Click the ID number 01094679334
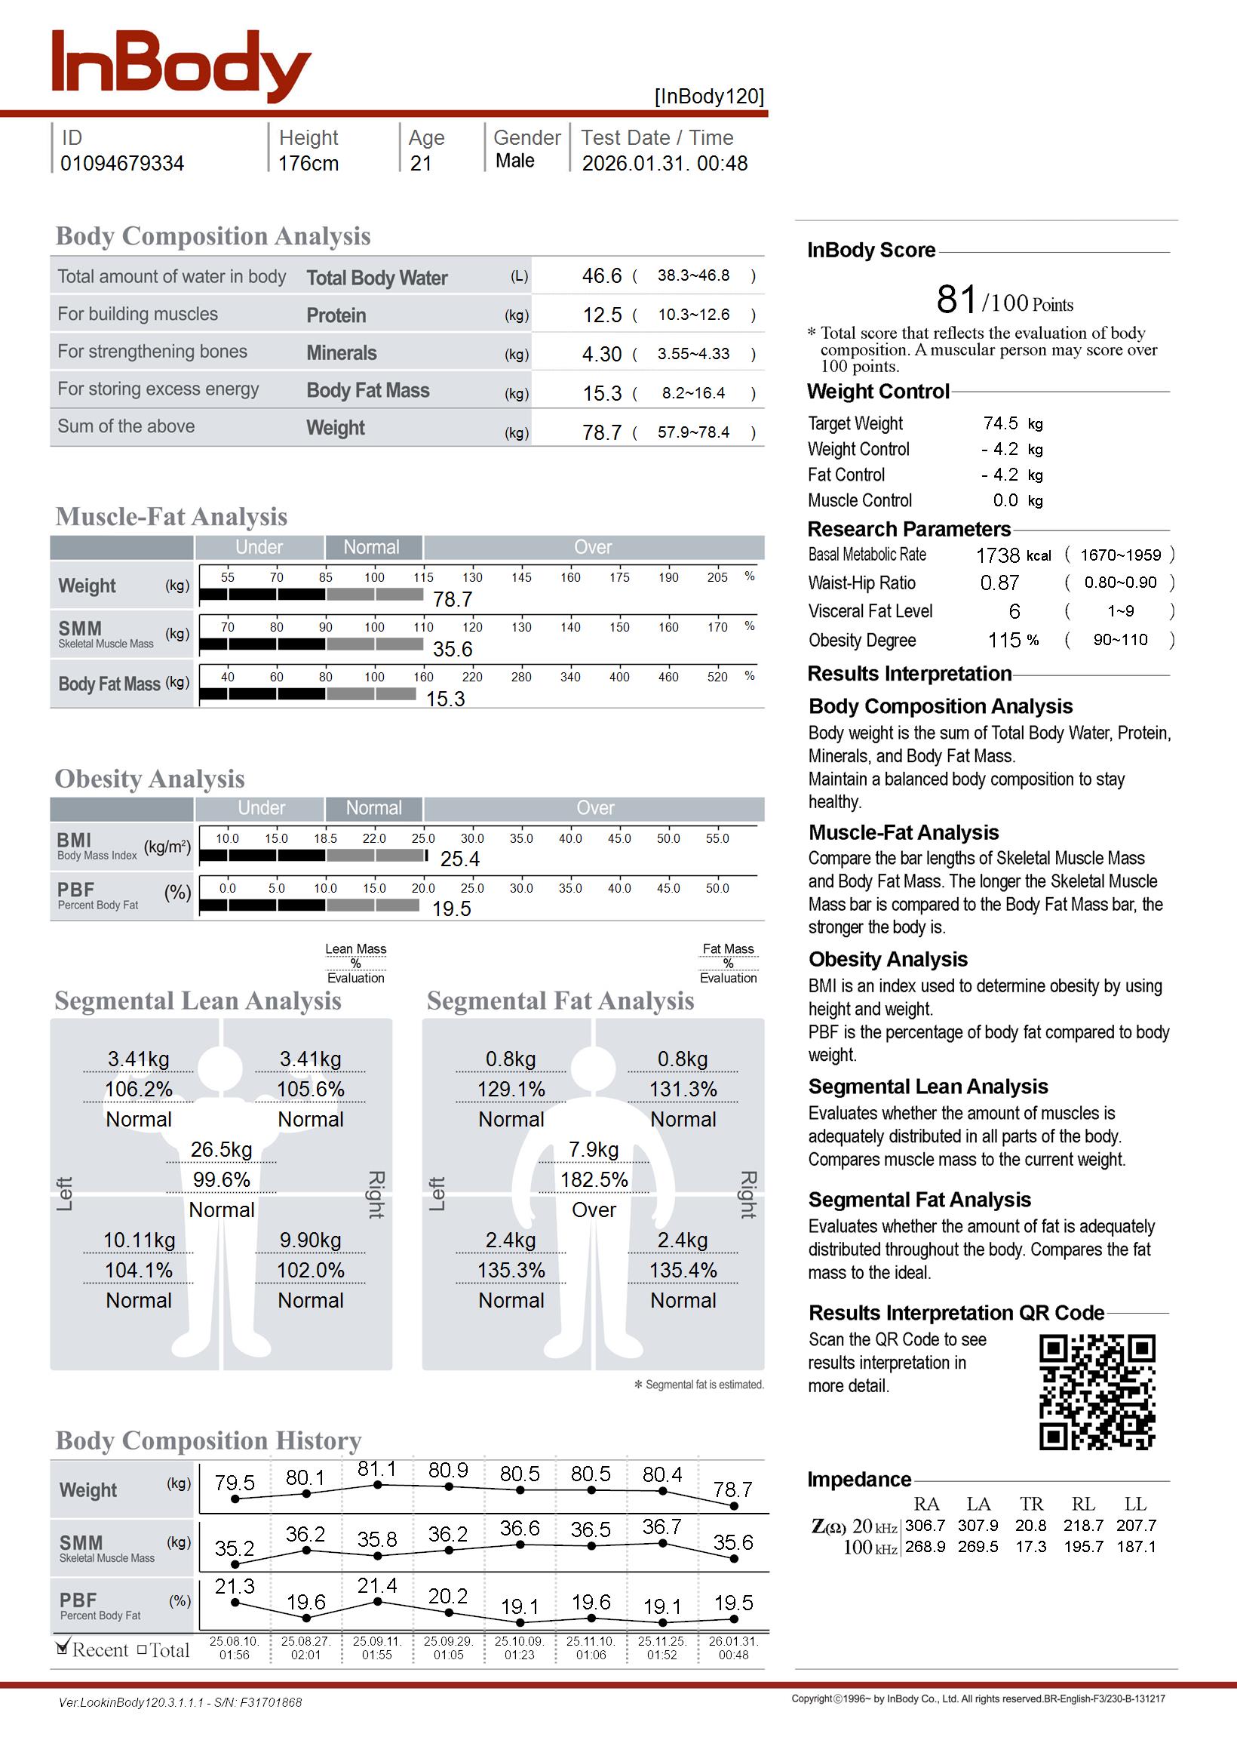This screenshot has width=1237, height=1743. (122, 164)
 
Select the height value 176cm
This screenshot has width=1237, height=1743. (308, 164)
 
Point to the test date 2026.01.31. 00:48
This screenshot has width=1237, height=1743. (665, 164)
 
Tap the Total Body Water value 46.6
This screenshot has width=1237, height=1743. (602, 275)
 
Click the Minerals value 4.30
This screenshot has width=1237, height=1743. (602, 354)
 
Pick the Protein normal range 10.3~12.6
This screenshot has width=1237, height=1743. (693, 315)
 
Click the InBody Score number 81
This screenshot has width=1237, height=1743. (956, 300)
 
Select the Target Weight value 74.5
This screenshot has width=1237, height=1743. (1000, 423)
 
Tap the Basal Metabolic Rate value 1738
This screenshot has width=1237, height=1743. (997, 555)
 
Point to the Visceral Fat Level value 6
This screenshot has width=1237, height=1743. (1014, 612)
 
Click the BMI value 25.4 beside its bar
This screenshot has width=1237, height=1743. (459, 859)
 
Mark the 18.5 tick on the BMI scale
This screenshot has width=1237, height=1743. (325, 838)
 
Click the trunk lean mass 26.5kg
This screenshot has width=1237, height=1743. (221, 1150)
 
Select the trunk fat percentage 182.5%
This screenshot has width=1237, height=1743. (594, 1180)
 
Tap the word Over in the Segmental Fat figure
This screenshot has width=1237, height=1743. (594, 1210)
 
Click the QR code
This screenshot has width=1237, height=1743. (1097, 1392)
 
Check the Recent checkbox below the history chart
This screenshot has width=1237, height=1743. (63, 1649)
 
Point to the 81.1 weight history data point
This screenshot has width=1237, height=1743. (377, 1484)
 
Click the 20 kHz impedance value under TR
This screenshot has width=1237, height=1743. (1030, 1526)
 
